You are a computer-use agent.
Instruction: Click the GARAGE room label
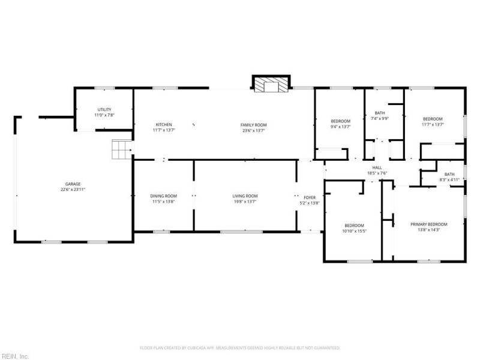click(x=73, y=184)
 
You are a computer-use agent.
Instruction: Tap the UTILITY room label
click(x=104, y=109)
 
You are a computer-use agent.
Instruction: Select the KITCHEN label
click(x=164, y=125)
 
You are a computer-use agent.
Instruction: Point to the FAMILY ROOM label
click(x=254, y=125)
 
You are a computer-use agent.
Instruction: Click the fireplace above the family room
click(x=271, y=85)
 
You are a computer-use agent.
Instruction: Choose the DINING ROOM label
click(x=163, y=196)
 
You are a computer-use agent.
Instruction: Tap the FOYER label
click(x=310, y=197)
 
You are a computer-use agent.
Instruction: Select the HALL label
click(x=377, y=168)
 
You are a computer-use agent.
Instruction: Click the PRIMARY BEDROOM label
click(x=428, y=224)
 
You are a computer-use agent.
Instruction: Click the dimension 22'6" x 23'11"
click(x=73, y=190)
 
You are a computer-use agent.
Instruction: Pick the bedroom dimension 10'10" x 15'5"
click(x=354, y=231)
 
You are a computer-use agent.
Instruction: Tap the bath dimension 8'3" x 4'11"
click(x=449, y=179)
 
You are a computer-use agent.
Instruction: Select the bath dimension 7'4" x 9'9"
click(x=380, y=119)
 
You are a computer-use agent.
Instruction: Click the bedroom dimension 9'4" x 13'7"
click(x=340, y=127)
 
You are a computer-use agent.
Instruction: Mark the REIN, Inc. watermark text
click(x=14, y=356)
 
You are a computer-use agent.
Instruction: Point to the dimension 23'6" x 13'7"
click(x=254, y=130)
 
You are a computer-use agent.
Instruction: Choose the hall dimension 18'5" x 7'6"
click(x=377, y=173)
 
